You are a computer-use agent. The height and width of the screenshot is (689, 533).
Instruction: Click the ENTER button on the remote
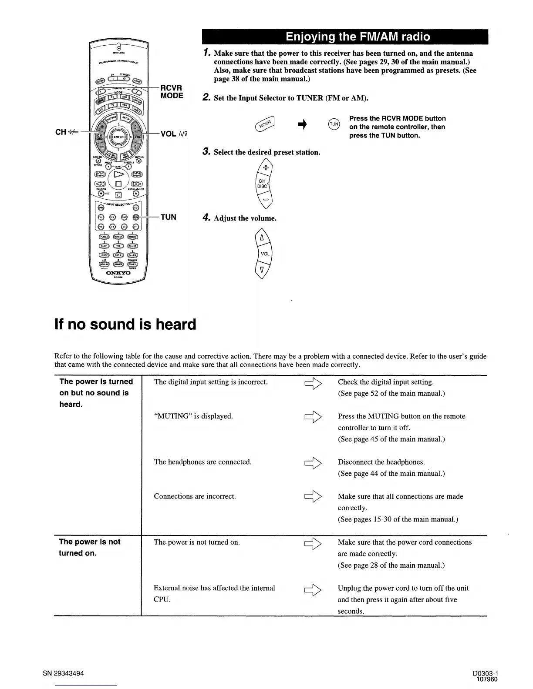click(118, 137)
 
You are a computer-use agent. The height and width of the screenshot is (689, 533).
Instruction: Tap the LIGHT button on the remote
click(137, 81)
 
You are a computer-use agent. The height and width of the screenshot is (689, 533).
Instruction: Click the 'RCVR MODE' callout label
click(172, 92)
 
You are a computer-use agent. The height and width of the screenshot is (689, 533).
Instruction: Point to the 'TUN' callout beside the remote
click(168, 217)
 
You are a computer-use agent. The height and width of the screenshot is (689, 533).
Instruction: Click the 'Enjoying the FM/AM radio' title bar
click(344, 37)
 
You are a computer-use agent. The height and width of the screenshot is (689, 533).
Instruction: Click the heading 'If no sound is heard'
click(125, 324)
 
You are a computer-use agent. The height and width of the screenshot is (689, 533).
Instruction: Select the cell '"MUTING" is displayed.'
click(193, 416)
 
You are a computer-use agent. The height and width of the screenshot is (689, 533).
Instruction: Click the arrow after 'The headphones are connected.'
click(314, 462)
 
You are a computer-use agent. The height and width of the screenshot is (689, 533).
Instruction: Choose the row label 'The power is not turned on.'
click(90, 547)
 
